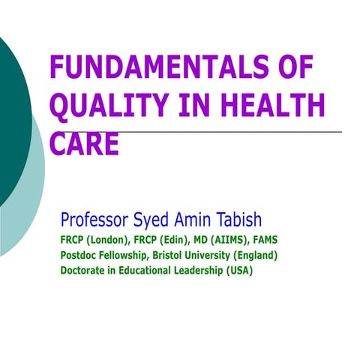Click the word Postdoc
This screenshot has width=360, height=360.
point(80,256)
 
